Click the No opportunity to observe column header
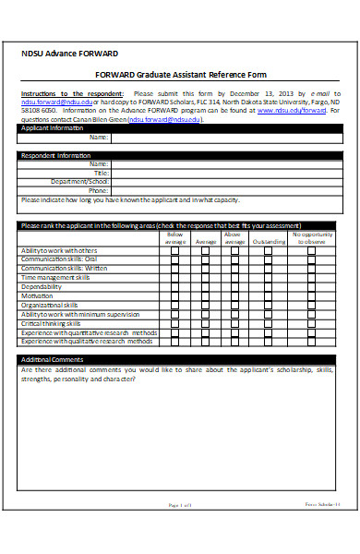[x=315, y=238]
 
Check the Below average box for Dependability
[x=174, y=287]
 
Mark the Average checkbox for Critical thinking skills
[x=206, y=323]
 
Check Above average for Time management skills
[x=234, y=278]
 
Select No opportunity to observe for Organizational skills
[x=314, y=305]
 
